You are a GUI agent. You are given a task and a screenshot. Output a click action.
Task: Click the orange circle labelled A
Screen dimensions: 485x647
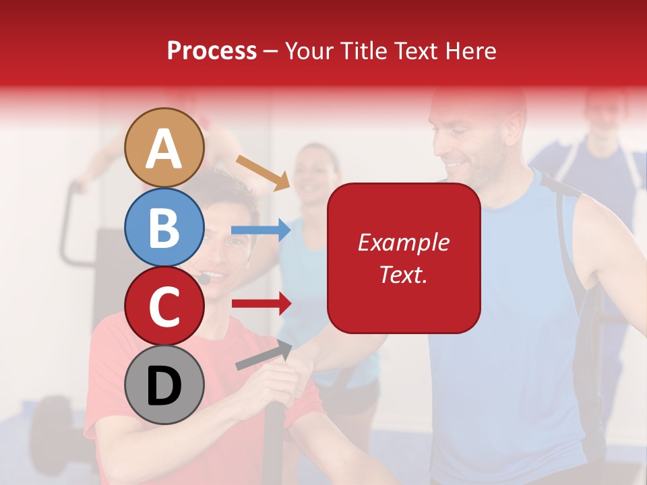(164, 148)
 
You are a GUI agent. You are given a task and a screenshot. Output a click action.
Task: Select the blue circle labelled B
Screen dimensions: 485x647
(164, 227)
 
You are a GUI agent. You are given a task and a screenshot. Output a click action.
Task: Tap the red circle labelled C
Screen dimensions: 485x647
(164, 306)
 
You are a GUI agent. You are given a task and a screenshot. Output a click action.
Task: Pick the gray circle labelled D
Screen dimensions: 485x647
(164, 385)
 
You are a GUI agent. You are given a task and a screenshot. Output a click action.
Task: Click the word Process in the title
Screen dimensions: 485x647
(212, 51)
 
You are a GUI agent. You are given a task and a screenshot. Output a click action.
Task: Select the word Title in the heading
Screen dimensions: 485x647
(363, 51)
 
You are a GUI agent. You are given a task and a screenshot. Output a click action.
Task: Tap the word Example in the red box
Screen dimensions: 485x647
(403, 243)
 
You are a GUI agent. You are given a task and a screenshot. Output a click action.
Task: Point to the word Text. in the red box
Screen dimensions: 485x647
(403, 274)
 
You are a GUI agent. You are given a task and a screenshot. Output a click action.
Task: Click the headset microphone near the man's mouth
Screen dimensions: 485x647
(204, 278)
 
